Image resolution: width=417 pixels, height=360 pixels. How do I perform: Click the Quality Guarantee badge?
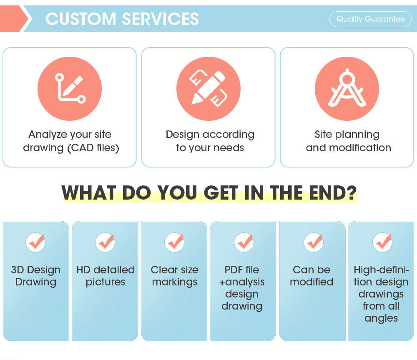[x=370, y=19]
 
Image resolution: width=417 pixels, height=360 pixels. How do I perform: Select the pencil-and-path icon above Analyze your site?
[x=70, y=88]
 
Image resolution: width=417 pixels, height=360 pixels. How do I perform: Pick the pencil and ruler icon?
[x=208, y=88]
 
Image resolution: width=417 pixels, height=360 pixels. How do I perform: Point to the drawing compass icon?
[x=347, y=88]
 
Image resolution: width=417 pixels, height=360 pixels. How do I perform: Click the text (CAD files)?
[x=93, y=148]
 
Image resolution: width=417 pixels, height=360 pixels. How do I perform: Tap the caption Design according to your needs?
[x=210, y=141]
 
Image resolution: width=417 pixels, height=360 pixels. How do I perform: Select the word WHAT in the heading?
[x=88, y=193]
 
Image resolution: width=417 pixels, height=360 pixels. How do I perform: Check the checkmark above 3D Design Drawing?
[x=36, y=242]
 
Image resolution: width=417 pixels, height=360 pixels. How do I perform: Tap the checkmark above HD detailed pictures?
[x=106, y=242]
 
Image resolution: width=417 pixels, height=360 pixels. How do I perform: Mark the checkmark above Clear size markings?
[x=175, y=242]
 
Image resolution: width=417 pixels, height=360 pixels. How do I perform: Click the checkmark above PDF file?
[x=244, y=242]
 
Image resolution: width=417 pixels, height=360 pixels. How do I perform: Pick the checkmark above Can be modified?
[x=313, y=242]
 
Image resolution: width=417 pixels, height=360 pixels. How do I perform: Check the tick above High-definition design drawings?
[x=382, y=242]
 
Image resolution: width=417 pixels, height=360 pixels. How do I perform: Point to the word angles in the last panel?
[x=381, y=318]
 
